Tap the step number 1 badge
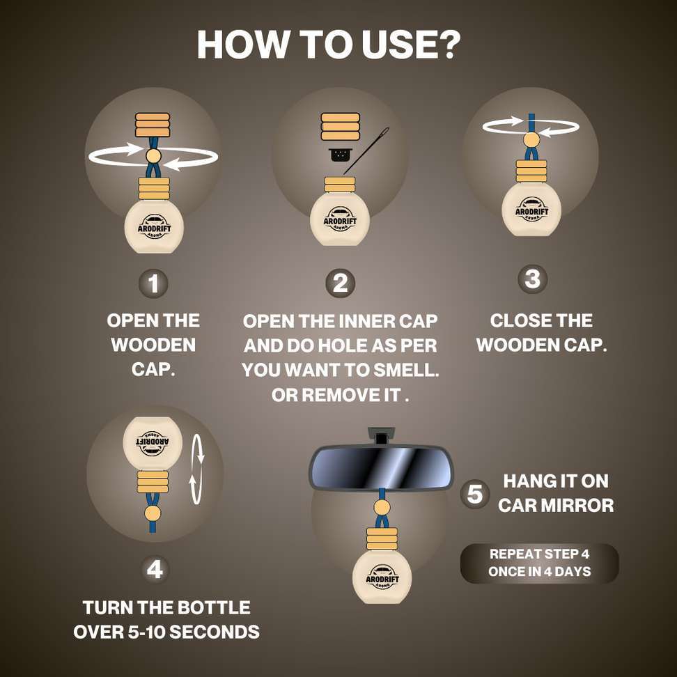tap(153, 283)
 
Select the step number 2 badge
tap(340, 283)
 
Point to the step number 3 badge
tap(532, 279)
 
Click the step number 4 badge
tap(155, 569)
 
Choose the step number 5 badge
tap(474, 494)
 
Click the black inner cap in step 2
tap(340, 155)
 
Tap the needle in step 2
tap(366, 150)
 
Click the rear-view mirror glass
tap(381, 468)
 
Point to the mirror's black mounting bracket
tap(381, 435)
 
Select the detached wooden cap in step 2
tap(340, 127)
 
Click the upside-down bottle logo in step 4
tap(153, 444)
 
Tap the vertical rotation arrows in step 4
tap(197, 469)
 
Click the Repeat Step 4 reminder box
tap(539, 563)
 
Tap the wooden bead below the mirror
tap(382, 508)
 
